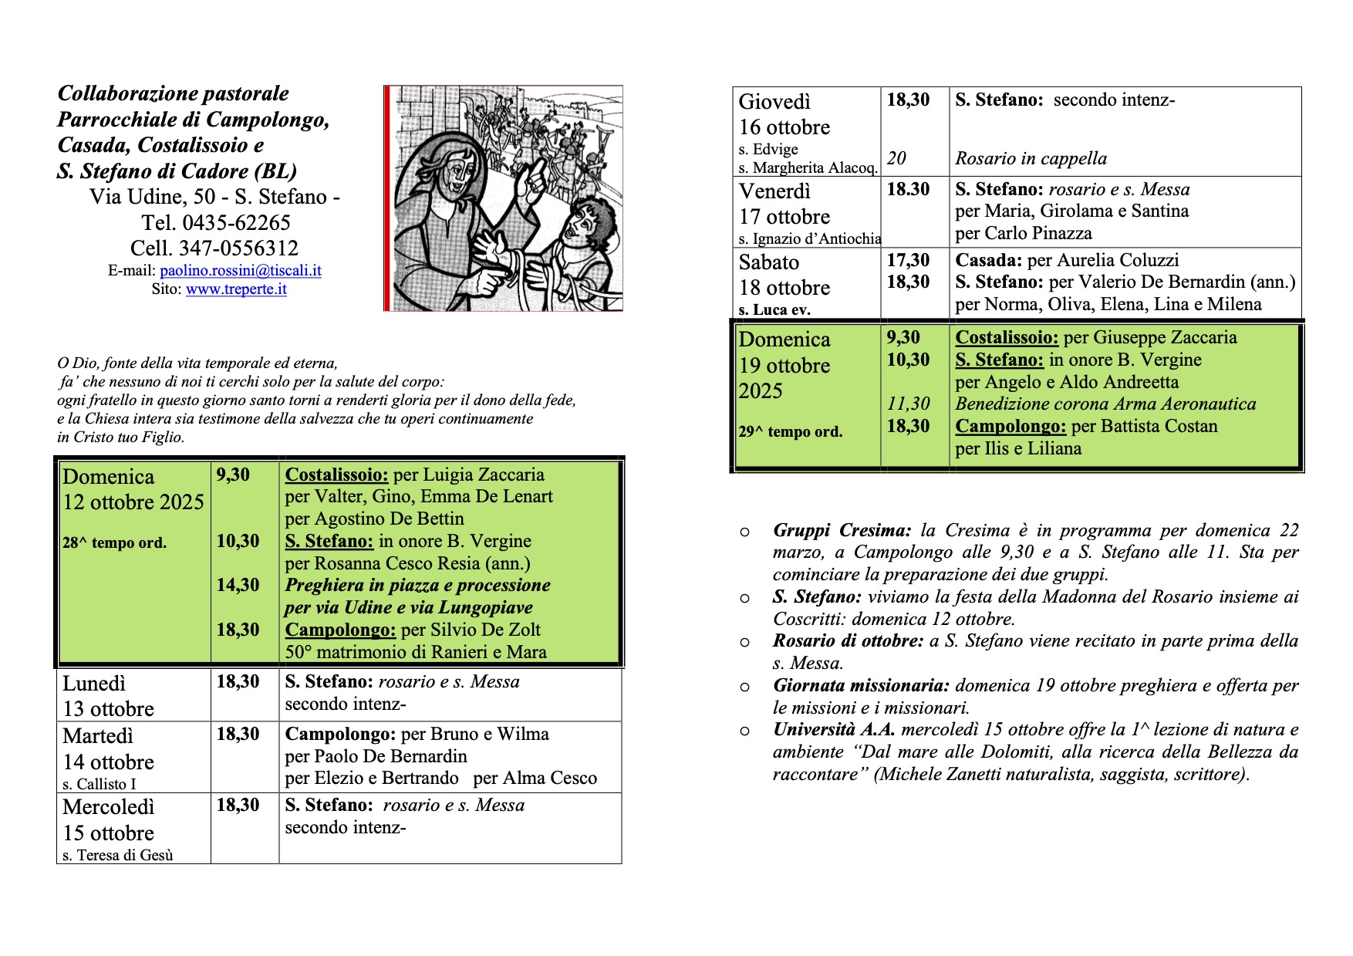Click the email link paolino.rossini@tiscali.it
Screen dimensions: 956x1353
click(x=241, y=271)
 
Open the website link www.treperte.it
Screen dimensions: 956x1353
click(x=236, y=289)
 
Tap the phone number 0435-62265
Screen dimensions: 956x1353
click(x=236, y=223)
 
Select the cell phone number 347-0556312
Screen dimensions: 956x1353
click(x=238, y=248)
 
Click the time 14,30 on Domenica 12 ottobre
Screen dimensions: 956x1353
click(x=238, y=585)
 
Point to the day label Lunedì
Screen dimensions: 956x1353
click(x=94, y=684)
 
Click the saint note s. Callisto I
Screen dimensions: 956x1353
click(x=100, y=784)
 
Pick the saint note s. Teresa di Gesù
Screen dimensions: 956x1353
click(x=118, y=855)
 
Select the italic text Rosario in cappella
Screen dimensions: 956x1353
click(x=1031, y=159)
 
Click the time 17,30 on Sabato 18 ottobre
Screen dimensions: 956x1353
click(x=908, y=260)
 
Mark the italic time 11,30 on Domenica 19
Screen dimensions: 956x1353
click(x=908, y=404)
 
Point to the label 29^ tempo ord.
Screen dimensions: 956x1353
click(x=790, y=432)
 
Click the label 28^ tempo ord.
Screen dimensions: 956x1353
click(x=114, y=543)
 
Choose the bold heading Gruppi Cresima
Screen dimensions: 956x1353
click(x=842, y=531)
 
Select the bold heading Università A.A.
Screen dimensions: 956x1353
click(x=834, y=730)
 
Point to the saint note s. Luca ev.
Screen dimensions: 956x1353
click(x=774, y=310)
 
